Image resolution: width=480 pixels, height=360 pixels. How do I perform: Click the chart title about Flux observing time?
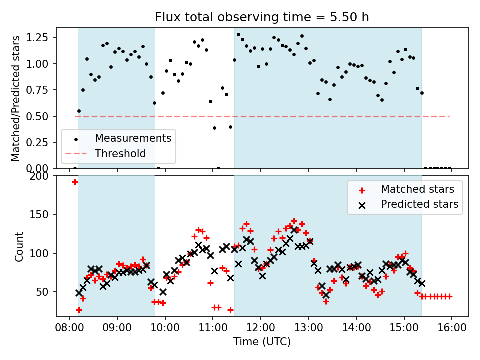pyautogui.click(x=262, y=17)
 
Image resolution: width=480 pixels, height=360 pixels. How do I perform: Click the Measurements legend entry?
pyautogui.click(x=133, y=138)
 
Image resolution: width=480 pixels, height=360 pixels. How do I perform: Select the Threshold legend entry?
pyautogui.click(x=120, y=153)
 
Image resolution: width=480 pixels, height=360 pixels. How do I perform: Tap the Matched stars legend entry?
pyautogui.click(x=417, y=189)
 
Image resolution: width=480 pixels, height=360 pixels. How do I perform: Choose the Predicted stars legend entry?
pyautogui.click(x=419, y=204)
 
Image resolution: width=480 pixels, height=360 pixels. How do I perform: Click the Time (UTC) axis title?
pyautogui.click(x=262, y=342)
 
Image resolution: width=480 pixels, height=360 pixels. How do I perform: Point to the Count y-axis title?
pyautogui.click(x=19, y=246)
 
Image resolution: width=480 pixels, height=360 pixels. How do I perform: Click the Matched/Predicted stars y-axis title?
pyautogui.click(x=16, y=98)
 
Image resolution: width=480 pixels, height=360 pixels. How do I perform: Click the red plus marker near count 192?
pyautogui.click(x=75, y=182)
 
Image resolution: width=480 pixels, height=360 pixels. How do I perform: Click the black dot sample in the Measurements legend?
pyautogui.click(x=75, y=138)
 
